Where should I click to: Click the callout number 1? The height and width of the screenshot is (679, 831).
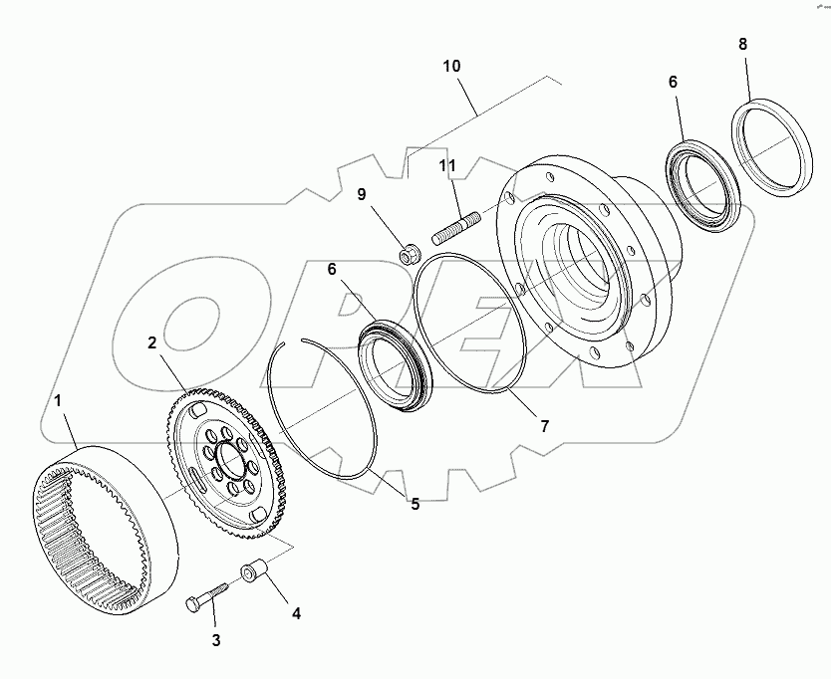(x=58, y=400)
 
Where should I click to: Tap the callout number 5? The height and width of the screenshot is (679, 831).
(x=415, y=504)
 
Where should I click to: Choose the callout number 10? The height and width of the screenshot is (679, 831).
(x=451, y=66)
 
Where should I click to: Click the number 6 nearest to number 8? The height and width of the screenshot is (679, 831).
(x=673, y=82)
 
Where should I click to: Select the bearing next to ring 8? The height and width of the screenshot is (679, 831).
(x=703, y=184)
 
